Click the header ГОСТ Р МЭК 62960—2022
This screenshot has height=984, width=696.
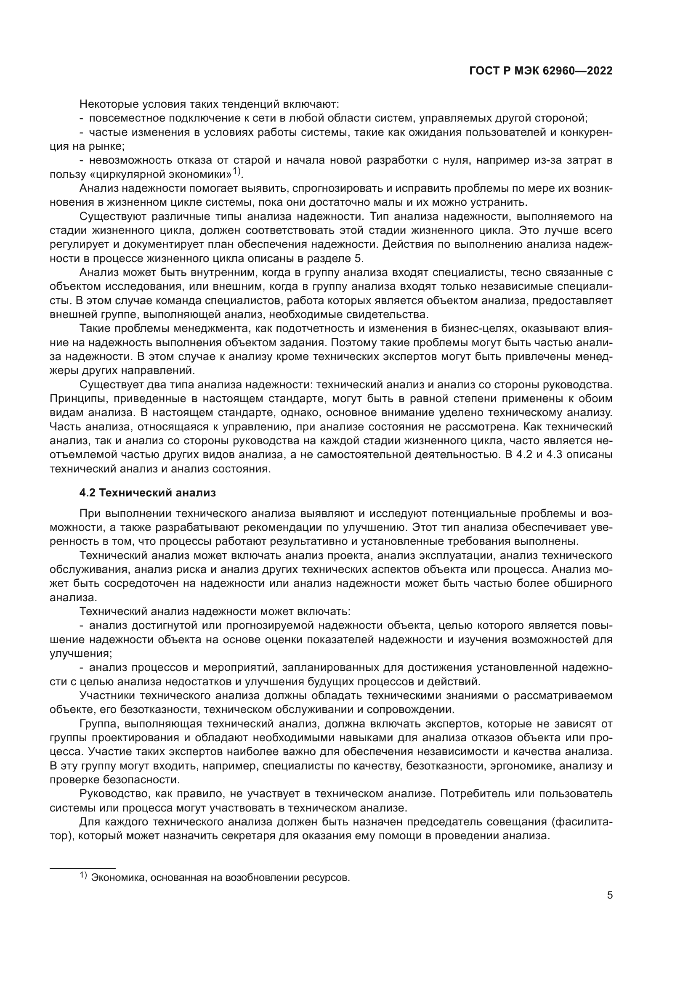tap(541, 71)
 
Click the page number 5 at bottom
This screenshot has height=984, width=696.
tap(609, 895)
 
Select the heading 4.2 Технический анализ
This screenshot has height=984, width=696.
tap(147, 493)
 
